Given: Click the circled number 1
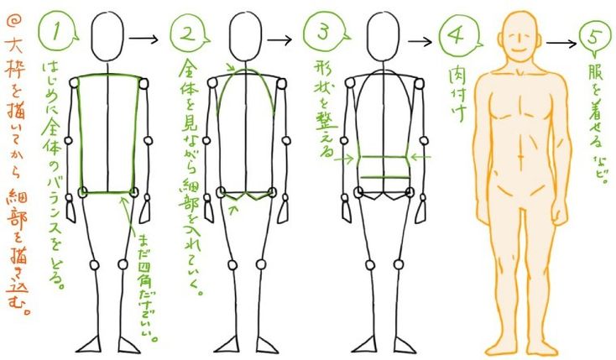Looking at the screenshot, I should pyautogui.click(x=59, y=33).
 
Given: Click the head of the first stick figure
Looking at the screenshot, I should pyautogui.click(x=110, y=37).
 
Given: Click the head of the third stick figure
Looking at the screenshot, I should pyautogui.click(x=385, y=38).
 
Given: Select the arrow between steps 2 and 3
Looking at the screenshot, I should pyautogui.click(x=279, y=39).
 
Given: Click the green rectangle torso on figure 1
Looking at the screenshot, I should pyautogui.click(x=110, y=134).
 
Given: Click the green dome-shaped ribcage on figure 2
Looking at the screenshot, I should pyautogui.click(x=248, y=92).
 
